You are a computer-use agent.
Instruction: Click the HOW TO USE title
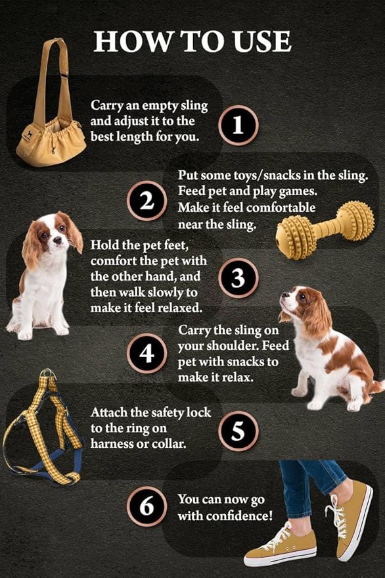point(192,41)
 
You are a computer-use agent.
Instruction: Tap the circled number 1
point(238,125)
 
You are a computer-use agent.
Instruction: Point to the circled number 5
point(238,431)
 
